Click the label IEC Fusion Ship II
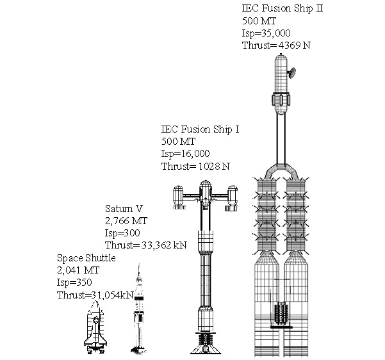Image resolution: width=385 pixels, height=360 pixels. pos(282,8)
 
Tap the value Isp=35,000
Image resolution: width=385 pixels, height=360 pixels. pos(266,33)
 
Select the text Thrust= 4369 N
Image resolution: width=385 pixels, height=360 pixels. pos(276,45)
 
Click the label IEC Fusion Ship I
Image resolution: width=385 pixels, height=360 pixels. pos(200,129)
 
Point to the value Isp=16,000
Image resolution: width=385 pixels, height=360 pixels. pos(185,154)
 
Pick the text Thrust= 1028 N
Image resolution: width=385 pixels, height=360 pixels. pos(195,167)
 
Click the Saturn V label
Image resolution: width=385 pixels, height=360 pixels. pos(124,208)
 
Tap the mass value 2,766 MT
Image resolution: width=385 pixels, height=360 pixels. pos(126,221)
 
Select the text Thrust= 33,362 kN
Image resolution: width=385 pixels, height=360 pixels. pos(146,245)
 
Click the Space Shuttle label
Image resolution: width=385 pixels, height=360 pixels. pos(86,258)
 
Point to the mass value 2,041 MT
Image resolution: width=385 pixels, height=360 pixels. pos(78,270)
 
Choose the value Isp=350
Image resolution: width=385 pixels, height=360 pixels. pos(74,282)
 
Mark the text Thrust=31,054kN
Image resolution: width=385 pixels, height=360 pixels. pos(95,295)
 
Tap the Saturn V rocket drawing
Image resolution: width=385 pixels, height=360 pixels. pos(139,309)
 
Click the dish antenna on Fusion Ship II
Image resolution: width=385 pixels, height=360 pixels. pos(291,72)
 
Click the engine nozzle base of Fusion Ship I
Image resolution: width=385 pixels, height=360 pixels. pos(206,344)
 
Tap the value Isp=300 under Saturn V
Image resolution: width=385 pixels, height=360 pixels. pos(122,233)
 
